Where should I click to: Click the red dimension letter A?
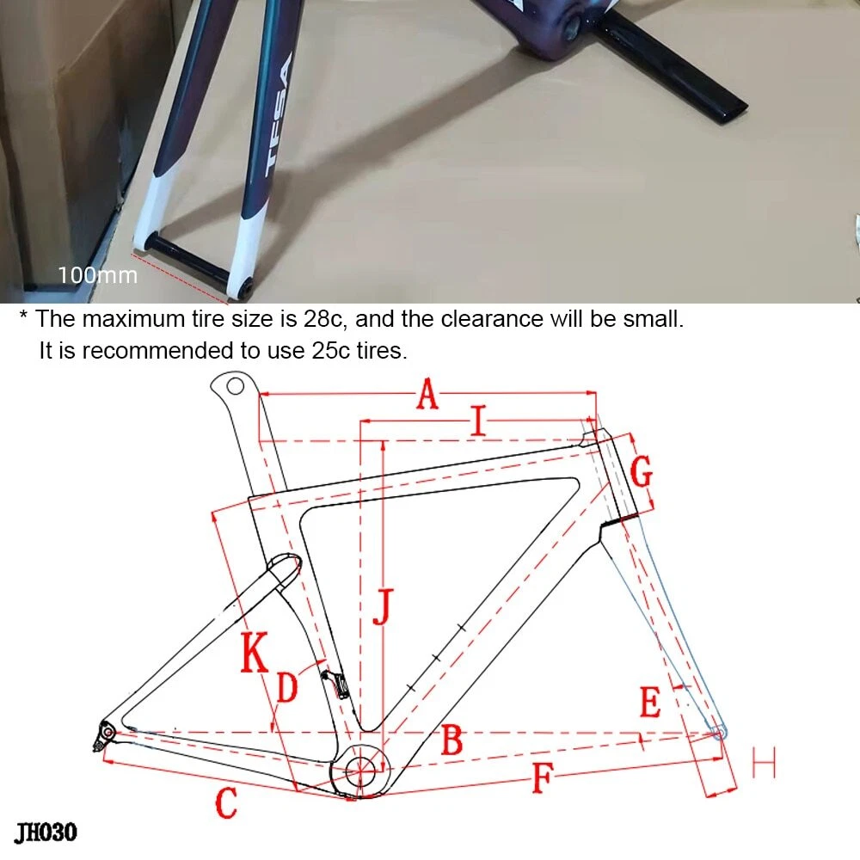coord(427,395)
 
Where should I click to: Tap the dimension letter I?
coord(479,421)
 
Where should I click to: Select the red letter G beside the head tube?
coord(642,471)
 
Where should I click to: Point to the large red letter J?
coord(384,607)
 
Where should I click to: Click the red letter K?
coord(255,652)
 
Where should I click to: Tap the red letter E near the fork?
coord(650,702)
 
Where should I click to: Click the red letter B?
coord(452,740)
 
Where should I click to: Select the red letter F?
coord(543,777)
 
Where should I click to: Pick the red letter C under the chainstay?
coord(226,803)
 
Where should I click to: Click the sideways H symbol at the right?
coord(764,762)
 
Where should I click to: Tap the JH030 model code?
coord(46,832)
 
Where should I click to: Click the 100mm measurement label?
coord(98,275)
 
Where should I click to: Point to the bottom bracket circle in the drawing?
coord(359,771)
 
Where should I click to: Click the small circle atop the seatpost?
coord(235,386)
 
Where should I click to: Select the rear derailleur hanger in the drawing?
coord(104,735)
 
